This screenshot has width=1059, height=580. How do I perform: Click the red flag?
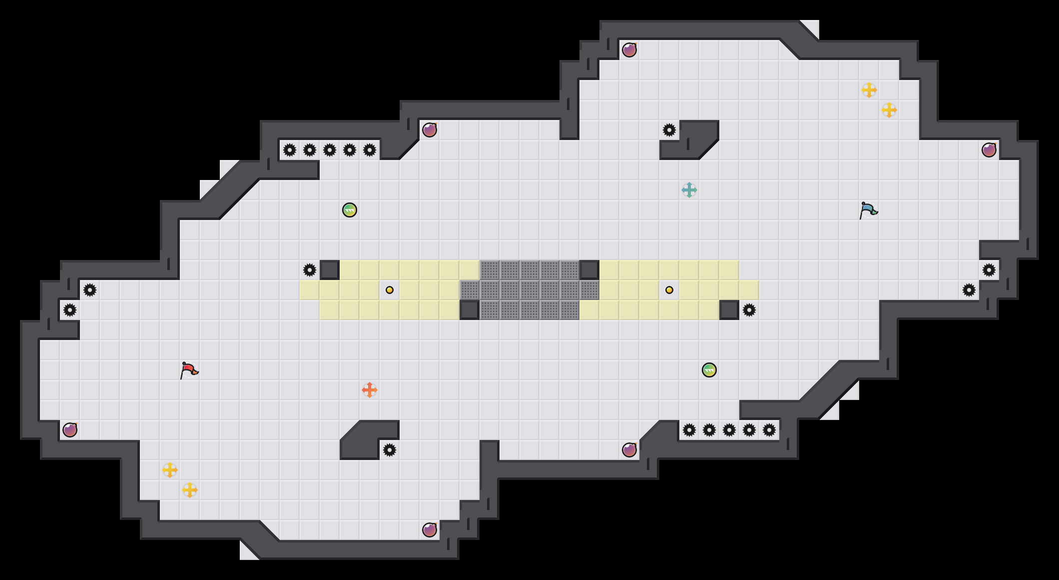pyautogui.click(x=189, y=370)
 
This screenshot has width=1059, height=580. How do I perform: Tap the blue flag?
pyautogui.click(x=868, y=210)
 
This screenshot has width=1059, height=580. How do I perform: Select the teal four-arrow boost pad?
pyautogui.click(x=689, y=190)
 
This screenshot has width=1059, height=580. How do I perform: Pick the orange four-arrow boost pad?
pyautogui.click(x=370, y=390)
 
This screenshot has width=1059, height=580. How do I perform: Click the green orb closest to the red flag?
pyautogui.click(x=350, y=210)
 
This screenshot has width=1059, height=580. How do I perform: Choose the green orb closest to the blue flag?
pyautogui.click(x=709, y=370)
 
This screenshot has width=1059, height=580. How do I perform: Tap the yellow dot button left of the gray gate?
pyautogui.click(x=390, y=290)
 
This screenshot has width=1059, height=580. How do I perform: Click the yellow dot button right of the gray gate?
pyautogui.click(x=669, y=290)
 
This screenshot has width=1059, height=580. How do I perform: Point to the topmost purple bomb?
pyautogui.click(x=629, y=50)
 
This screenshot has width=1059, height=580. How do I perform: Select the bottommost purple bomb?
pyautogui.click(x=430, y=530)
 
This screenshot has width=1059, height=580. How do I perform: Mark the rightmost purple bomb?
pyautogui.click(x=989, y=150)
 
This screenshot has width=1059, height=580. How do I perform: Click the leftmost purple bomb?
pyautogui.click(x=70, y=430)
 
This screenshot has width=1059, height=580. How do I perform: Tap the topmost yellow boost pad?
pyautogui.click(x=869, y=90)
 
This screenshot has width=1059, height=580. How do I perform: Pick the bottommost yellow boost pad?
pyautogui.click(x=190, y=490)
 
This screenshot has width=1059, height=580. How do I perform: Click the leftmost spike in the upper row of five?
pyautogui.click(x=290, y=150)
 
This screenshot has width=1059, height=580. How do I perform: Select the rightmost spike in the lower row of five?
pyautogui.click(x=769, y=430)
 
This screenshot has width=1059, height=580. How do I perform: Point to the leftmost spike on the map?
pyautogui.click(x=70, y=310)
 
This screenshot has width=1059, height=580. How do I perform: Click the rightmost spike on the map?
pyautogui.click(x=989, y=270)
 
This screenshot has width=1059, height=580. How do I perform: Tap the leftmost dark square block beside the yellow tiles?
pyautogui.click(x=330, y=270)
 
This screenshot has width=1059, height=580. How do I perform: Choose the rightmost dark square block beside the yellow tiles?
pyautogui.click(x=729, y=310)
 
